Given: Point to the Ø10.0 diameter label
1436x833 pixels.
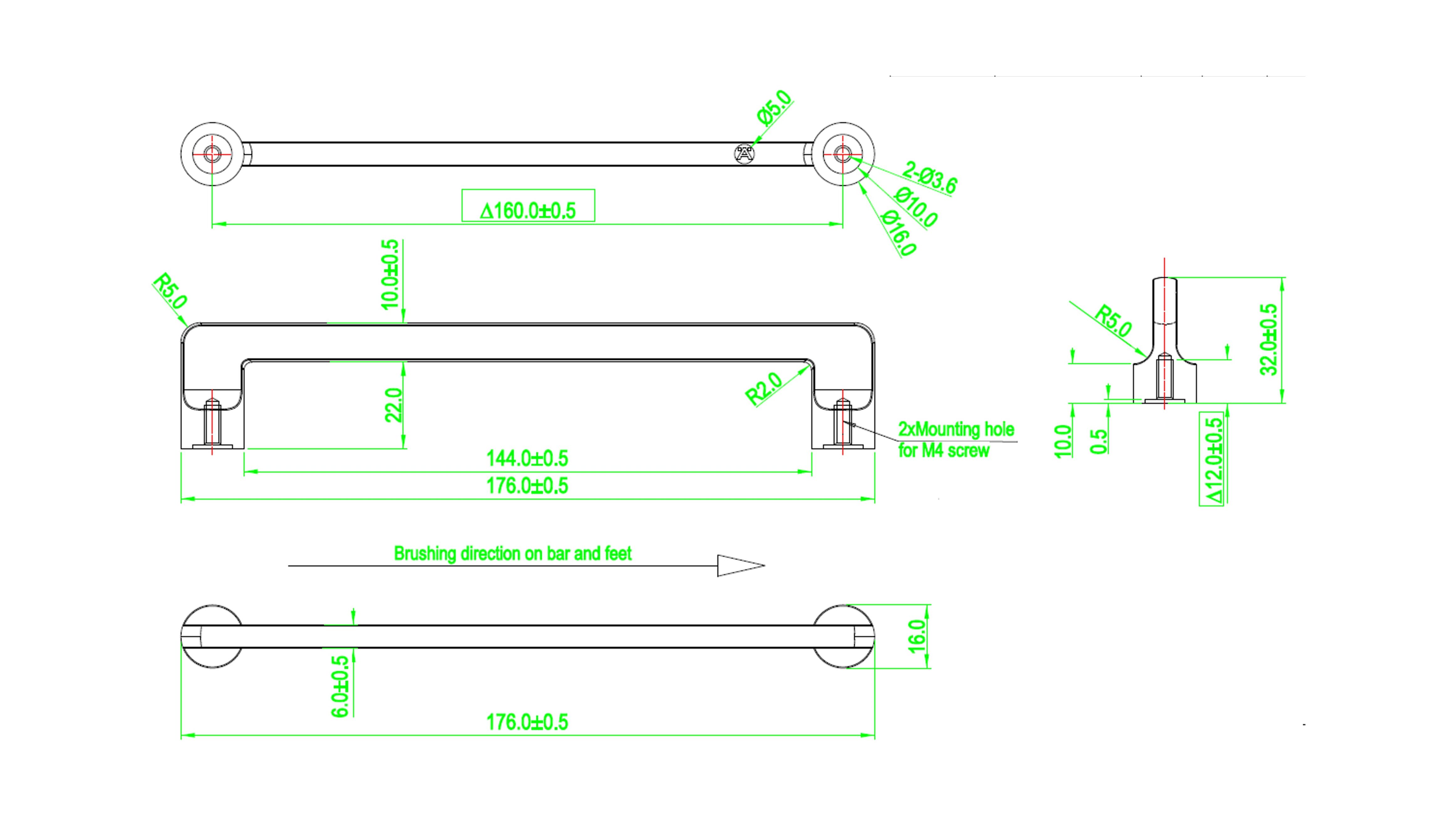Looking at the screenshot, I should [916, 207].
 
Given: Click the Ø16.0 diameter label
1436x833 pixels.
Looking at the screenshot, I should [899, 233].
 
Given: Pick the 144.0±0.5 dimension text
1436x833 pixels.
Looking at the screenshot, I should [527, 458].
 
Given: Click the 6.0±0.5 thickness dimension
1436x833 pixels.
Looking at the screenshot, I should [340, 686].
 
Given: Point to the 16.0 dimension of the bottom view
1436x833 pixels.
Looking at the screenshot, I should [917, 636].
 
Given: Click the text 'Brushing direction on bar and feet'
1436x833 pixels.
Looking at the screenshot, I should [513, 553].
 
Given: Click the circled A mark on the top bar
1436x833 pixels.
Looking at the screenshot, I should [744, 154].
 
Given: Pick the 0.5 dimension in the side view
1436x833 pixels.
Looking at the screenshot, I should [1099, 441].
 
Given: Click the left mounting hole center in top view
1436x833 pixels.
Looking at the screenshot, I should [212, 154].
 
